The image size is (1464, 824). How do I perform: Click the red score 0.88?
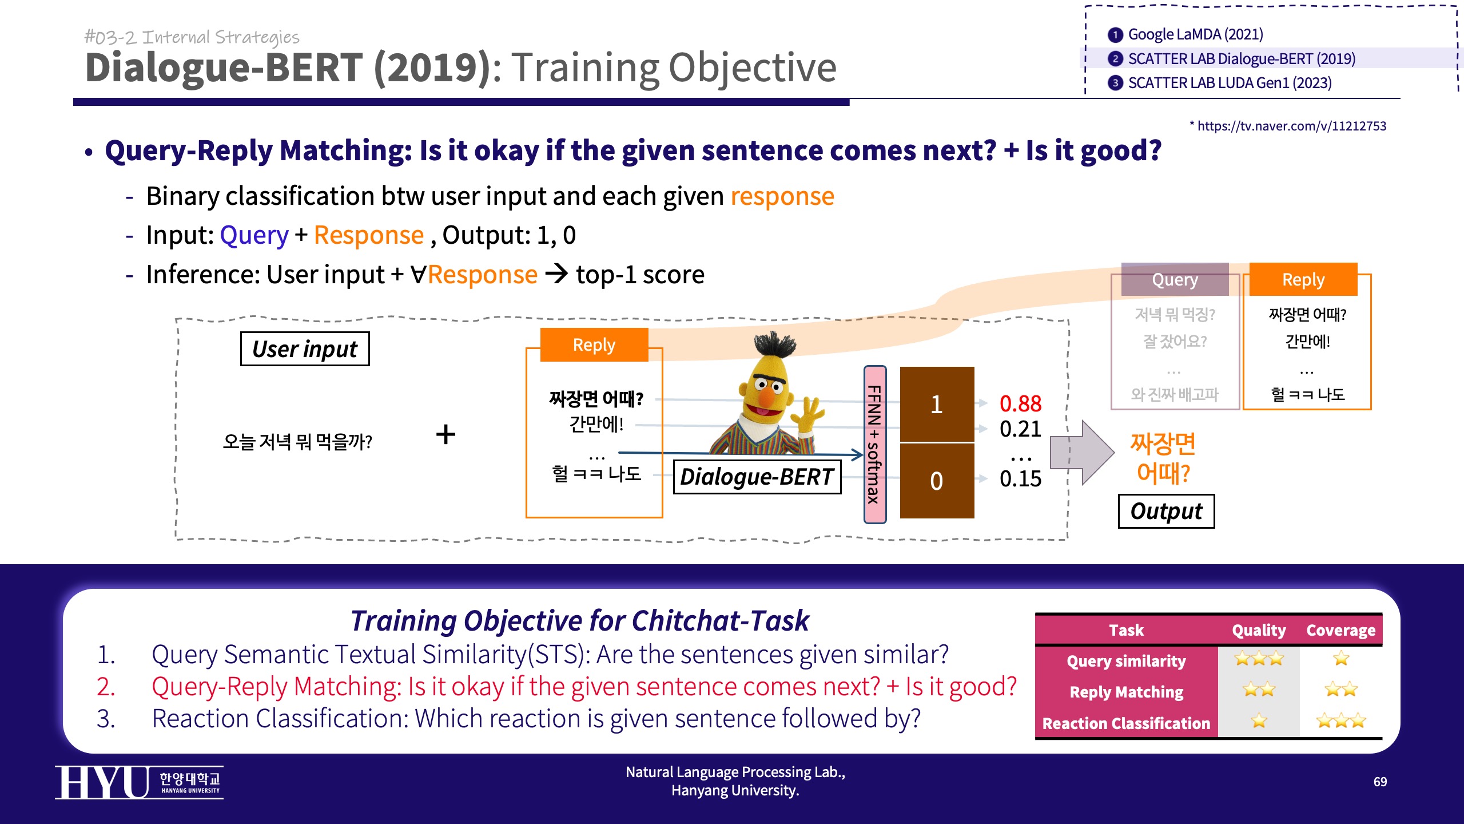[1020, 403]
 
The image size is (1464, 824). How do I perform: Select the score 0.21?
[1020, 429]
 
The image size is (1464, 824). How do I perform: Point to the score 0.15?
[1020, 479]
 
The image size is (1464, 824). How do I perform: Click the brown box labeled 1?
[937, 404]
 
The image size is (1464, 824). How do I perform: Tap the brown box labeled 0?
[937, 481]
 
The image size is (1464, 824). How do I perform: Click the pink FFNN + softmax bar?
[875, 445]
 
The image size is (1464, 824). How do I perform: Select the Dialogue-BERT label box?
[757, 477]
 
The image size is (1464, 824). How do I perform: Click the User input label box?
[305, 348]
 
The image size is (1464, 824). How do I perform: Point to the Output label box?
[1166, 511]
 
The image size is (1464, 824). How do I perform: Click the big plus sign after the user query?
[445, 434]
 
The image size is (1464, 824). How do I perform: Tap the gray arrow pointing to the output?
[1082, 453]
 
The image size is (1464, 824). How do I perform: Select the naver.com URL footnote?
[1288, 126]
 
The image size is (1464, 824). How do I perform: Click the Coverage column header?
[1340, 630]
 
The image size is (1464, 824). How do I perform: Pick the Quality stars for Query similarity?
[1259, 659]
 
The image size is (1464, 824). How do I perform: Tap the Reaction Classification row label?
[1126, 723]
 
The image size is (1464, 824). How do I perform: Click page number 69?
[1380, 782]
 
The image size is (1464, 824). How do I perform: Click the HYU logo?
[139, 782]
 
